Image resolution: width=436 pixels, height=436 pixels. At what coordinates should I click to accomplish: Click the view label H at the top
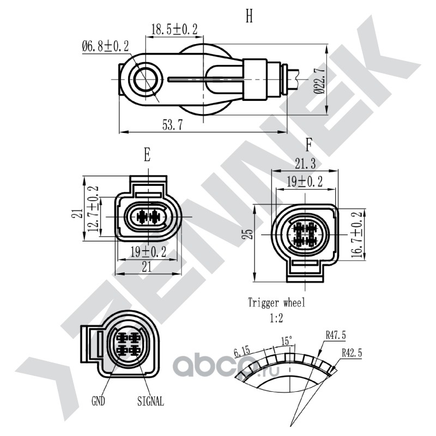tap(249, 16)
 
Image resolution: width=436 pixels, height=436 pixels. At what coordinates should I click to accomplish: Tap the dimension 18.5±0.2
tap(174, 29)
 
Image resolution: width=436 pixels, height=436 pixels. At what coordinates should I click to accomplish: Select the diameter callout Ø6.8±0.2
tap(105, 46)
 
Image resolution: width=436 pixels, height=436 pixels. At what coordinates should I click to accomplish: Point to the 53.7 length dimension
tap(173, 125)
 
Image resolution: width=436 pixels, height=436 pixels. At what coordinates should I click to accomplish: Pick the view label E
tap(147, 155)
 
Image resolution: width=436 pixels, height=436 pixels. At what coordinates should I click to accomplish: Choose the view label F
tap(308, 145)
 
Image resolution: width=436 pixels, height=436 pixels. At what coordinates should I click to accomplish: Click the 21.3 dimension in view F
tap(305, 164)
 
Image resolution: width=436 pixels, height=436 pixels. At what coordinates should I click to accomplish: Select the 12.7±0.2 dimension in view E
tap(93, 209)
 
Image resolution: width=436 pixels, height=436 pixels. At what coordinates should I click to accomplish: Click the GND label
tap(98, 401)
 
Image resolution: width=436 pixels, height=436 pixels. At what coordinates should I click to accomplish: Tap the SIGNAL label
tap(150, 401)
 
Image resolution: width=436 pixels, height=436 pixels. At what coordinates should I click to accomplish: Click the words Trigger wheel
tap(276, 302)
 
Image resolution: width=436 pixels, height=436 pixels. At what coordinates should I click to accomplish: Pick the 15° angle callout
tap(287, 341)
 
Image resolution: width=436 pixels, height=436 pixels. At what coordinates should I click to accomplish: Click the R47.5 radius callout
tap(336, 336)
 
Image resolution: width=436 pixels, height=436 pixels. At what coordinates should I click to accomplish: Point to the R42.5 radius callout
tap(352, 353)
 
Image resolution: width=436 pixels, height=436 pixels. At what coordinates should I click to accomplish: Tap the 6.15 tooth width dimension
tap(243, 352)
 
